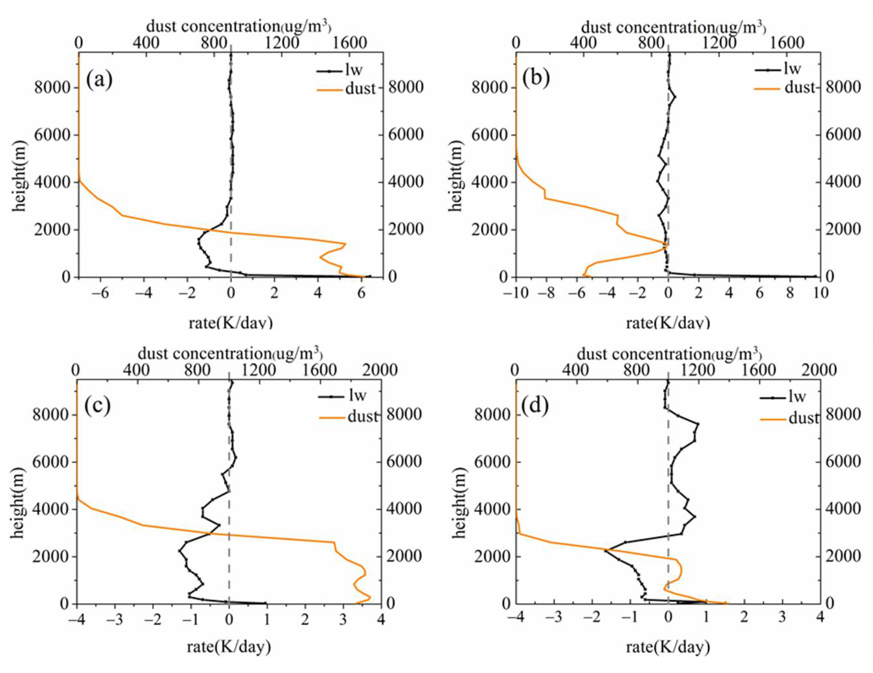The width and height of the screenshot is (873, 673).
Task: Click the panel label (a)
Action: [99, 80]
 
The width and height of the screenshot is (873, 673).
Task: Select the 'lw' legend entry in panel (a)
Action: [353, 70]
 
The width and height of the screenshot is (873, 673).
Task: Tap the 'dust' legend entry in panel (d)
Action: [803, 418]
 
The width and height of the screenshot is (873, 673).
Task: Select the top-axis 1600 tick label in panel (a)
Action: [351, 43]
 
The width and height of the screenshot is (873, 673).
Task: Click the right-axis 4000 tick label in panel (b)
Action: [843, 182]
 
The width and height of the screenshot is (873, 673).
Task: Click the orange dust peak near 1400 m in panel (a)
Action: [345, 244]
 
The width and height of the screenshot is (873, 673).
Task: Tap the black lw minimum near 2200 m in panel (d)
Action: [605, 551]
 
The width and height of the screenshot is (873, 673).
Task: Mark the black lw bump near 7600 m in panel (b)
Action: [675, 97]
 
